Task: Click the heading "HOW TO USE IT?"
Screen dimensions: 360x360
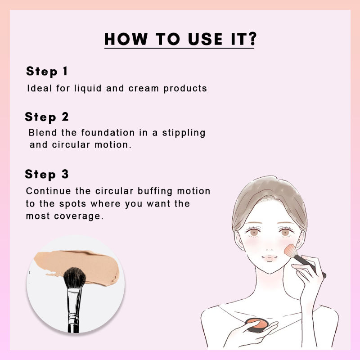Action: (180, 39)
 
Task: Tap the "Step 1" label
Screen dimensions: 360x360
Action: (47, 71)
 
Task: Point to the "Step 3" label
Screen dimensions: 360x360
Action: (47, 174)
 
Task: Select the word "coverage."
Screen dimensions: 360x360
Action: (81, 216)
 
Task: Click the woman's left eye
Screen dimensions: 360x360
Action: (285, 232)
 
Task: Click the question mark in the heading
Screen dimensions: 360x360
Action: (250, 39)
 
